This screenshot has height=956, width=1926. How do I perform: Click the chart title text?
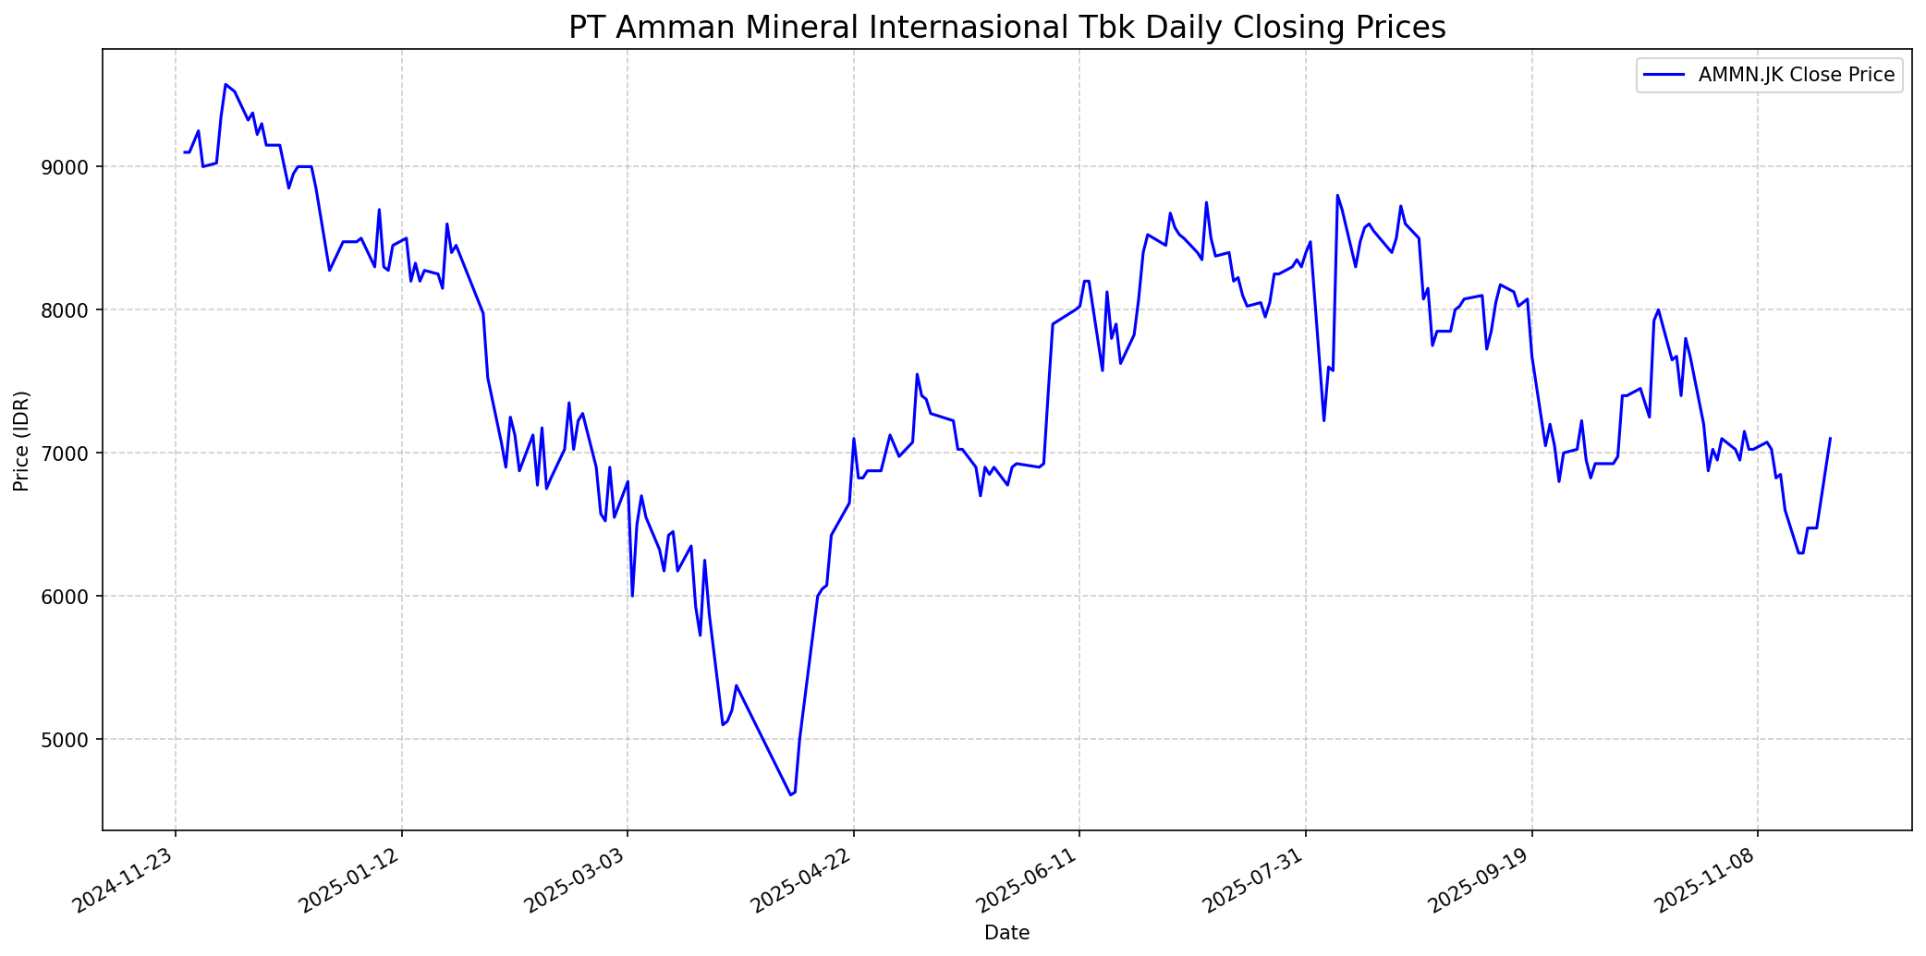click(1006, 28)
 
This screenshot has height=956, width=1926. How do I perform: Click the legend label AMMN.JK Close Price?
click(1797, 76)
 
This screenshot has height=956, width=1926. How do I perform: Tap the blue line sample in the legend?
click(1664, 76)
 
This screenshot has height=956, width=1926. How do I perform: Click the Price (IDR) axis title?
click(21, 441)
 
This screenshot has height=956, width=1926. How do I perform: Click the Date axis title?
click(1006, 933)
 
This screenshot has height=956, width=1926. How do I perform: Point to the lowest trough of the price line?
click(791, 794)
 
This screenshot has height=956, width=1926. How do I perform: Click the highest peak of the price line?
click(226, 85)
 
